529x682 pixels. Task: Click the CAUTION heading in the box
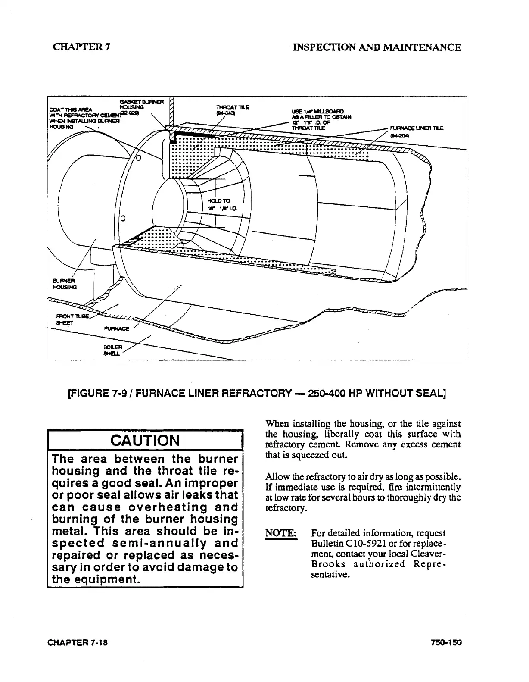pyautogui.click(x=145, y=441)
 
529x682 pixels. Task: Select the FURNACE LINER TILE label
pyautogui.click(x=416, y=128)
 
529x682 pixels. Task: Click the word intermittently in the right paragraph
pyautogui.click(x=433, y=488)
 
